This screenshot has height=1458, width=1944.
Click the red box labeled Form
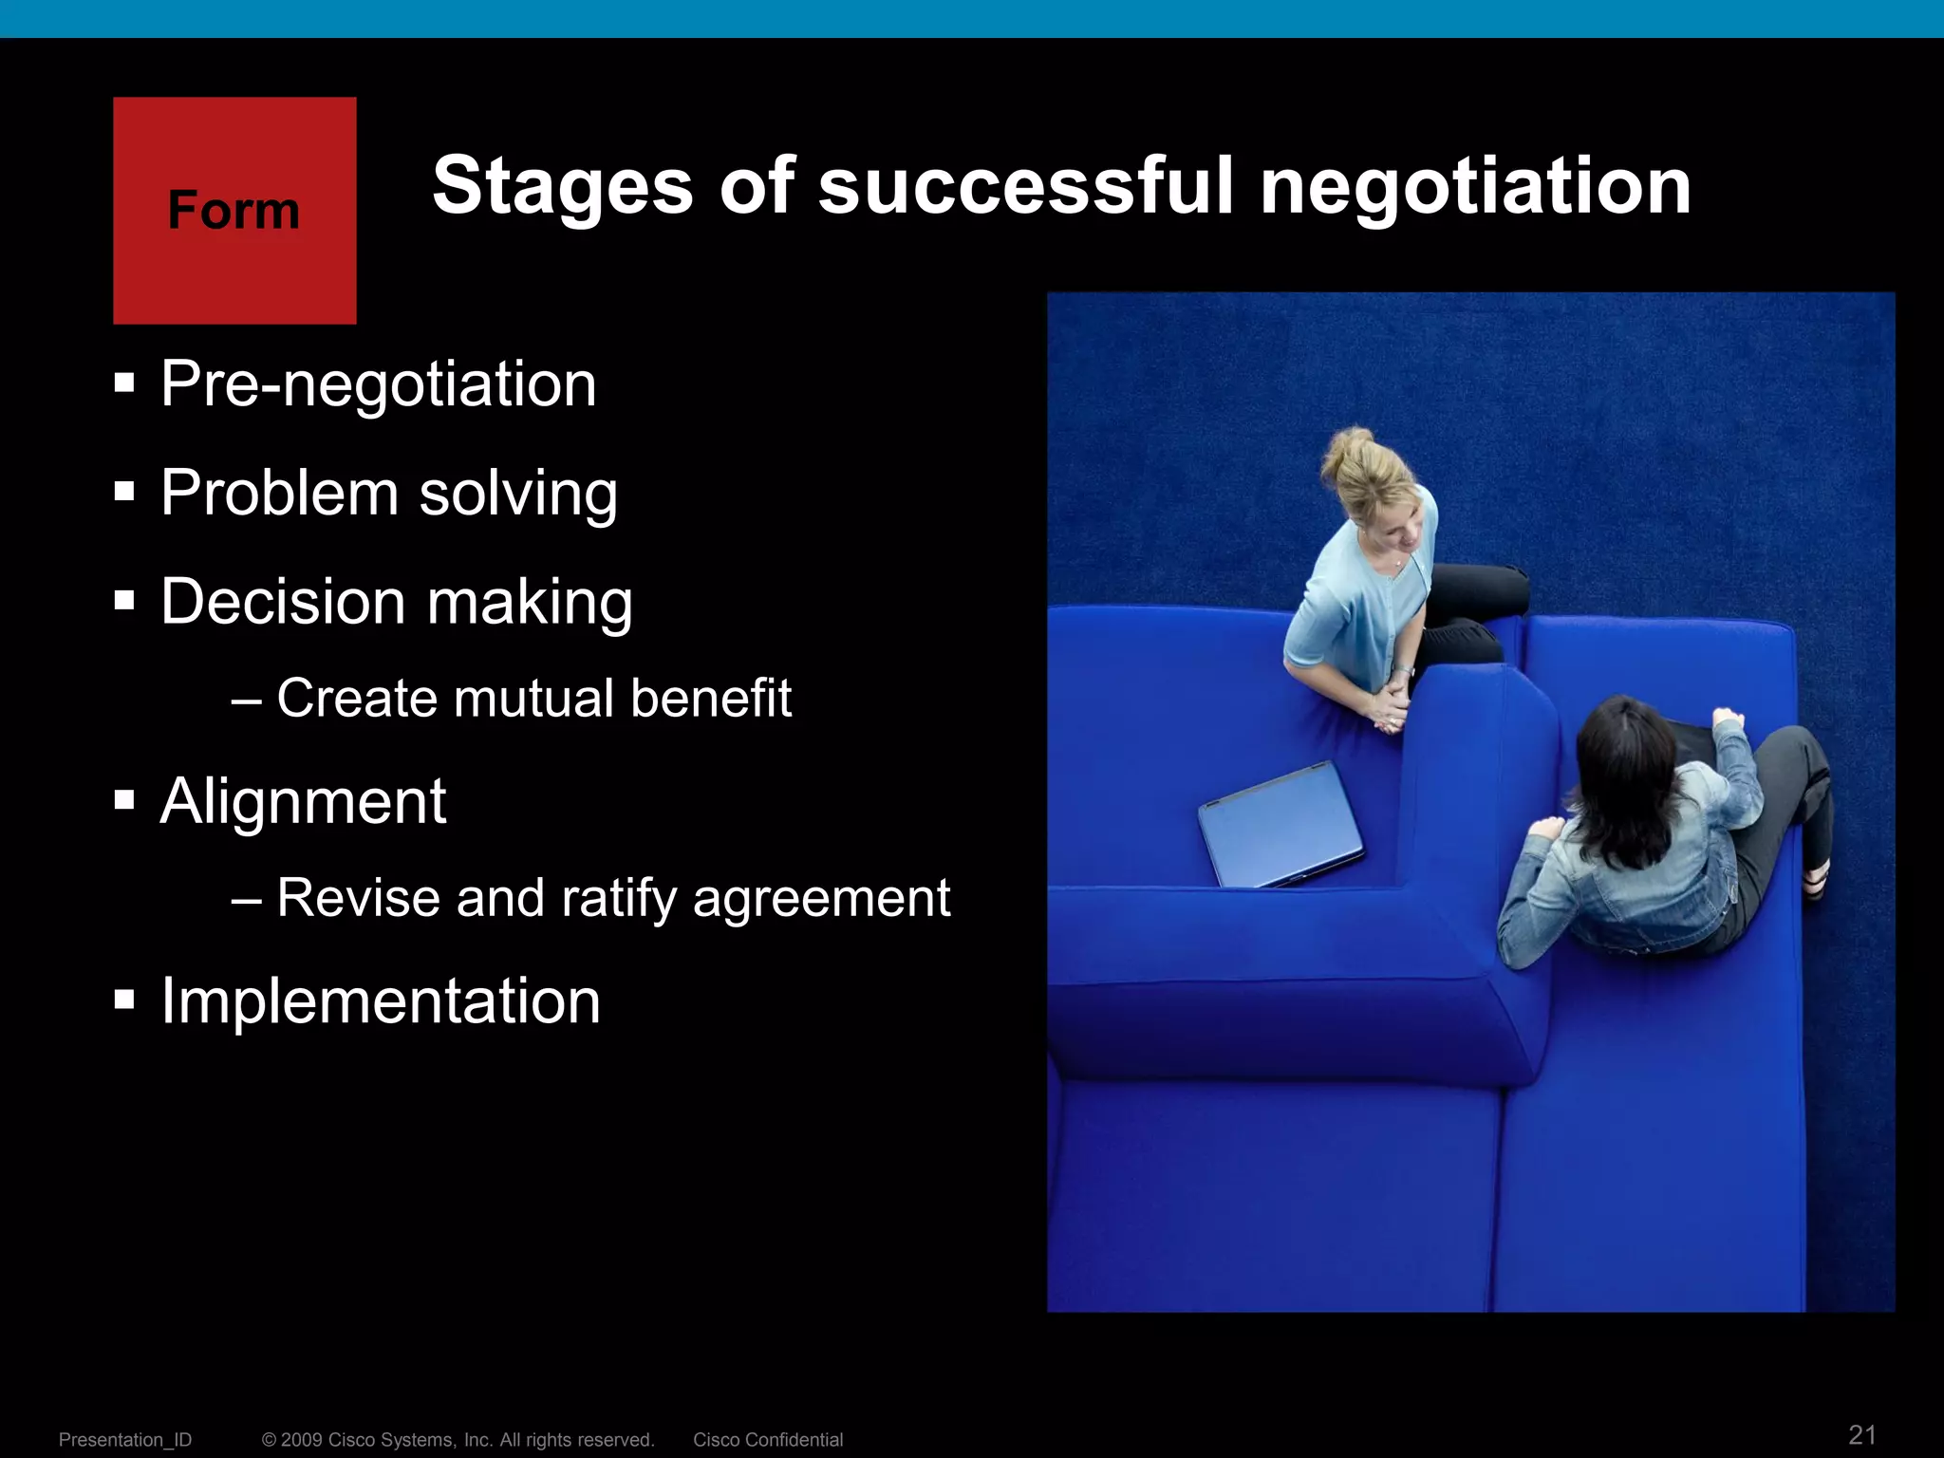coord(234,210)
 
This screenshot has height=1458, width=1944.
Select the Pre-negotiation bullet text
coord(378,384)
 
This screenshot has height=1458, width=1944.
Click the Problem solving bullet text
coord(388,494)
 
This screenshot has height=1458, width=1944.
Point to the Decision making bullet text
coord(396,603)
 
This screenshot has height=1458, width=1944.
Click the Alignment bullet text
coord(303,802)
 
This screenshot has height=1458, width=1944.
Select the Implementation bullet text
coord(380,1001)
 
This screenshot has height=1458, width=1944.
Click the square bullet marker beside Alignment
coord(124,800)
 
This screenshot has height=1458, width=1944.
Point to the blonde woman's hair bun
coord(1349,446)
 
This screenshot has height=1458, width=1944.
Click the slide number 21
coord(1862,1434)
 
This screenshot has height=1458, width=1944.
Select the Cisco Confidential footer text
coord(767,1440)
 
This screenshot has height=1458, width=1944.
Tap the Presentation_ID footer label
coord(125,1440)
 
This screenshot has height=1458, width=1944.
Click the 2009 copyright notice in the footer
coord(458,1440)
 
